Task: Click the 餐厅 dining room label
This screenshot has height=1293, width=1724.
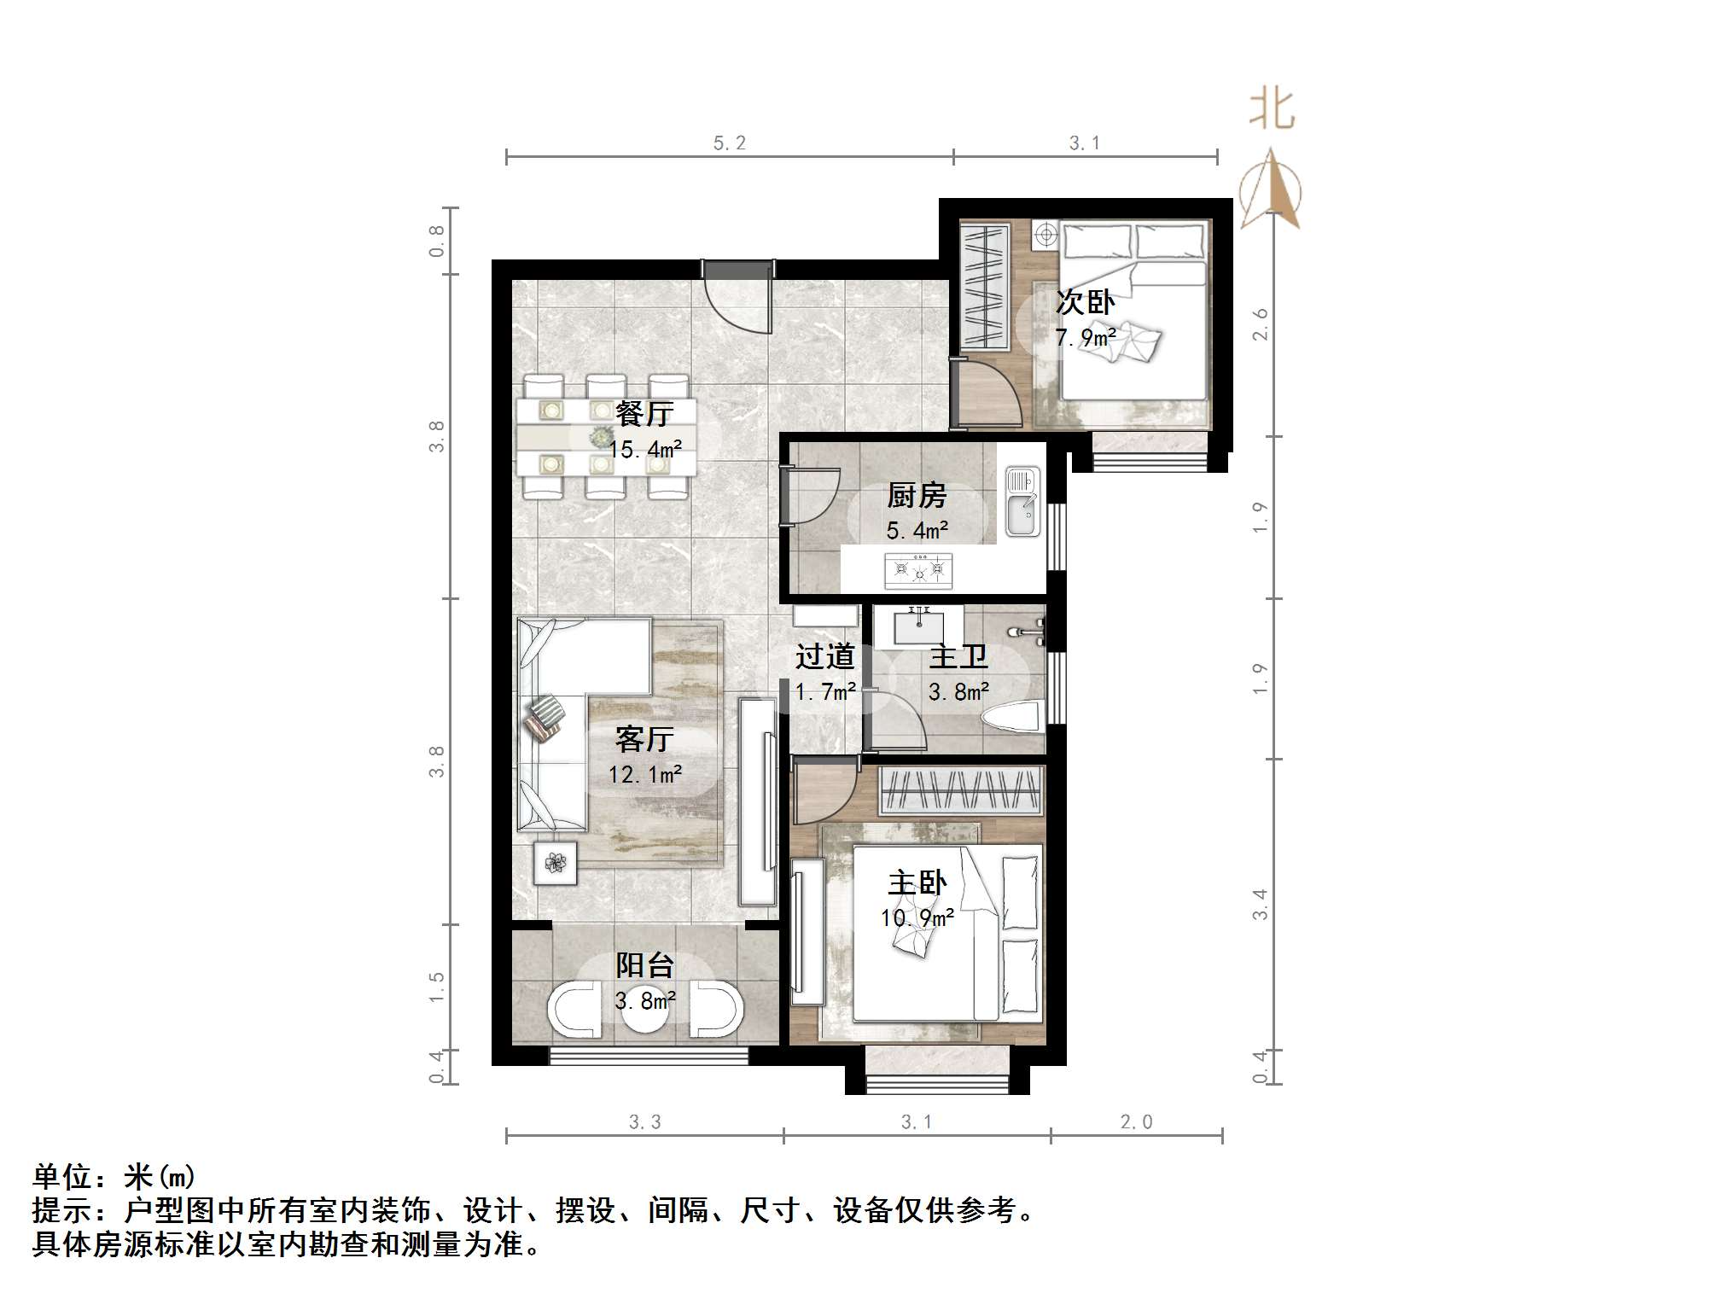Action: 644,414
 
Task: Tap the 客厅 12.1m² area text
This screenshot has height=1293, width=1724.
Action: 644,775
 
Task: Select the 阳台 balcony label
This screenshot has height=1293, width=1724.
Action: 645,965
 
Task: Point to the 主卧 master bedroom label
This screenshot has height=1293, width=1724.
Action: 917,883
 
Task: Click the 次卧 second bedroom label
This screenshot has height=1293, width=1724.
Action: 1085,302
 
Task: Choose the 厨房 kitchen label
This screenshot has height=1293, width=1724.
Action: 917,495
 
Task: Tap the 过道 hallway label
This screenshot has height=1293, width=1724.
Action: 824,656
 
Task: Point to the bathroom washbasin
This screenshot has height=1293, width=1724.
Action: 918,627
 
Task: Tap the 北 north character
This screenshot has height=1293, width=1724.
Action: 1272,111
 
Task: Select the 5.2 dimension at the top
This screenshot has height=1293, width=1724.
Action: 729,143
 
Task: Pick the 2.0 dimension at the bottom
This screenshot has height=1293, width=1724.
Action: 1136,1122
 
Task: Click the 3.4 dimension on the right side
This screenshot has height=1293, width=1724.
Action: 1261,904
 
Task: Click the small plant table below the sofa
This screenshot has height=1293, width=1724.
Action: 556,863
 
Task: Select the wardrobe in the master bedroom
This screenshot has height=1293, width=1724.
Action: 962,789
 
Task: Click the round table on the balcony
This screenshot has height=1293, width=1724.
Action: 645,1012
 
